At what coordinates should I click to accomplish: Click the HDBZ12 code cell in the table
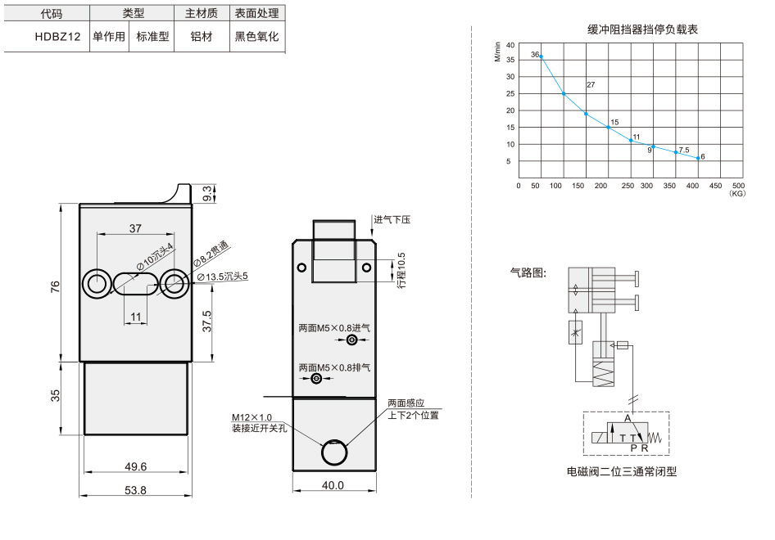pyautogui.click(x=57, y=37)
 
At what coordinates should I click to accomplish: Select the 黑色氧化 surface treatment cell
pyautogui.click(x=256, y=37)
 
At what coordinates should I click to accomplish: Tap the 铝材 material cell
pyautogui.click(x=202, y=37)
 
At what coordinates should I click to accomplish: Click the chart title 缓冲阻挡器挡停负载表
pyautogui.click(x=642, y=29)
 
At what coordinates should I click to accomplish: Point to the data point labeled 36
pyautogui.click(x=542, y=56)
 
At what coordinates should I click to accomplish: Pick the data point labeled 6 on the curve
pyautogui.click(x=698, y=158)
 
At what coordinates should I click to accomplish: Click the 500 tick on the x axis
pyautogui.click(x=738, y=186)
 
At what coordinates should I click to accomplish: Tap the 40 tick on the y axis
pyautogui.click(x=510, y=45)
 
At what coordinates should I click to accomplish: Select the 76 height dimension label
pyautogui.click(x=55, y=286)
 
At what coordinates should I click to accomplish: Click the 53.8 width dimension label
pyautogui.click(x=135, y=490)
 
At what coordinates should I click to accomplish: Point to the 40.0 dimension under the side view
pyautogui.click(x=333, y=485)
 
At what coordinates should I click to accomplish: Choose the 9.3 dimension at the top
pyautogui.click(x=207, y=193)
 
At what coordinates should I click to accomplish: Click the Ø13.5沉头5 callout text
pyautogui.click(x=222, y=277)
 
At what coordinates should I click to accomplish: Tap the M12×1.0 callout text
pyautogui.click(x=252, y=417)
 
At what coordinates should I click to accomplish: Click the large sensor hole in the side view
pyautogui.click(x=334, y=452)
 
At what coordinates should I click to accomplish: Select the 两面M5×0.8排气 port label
pyautogui.click(x=334, y=367)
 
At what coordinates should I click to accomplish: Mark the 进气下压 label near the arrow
pyautogui.click(x=392, y=219)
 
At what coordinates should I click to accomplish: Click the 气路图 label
pyautogui.click(x=528, y=272)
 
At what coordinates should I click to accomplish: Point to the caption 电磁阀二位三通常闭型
pyautogui.click(x=621, y=471)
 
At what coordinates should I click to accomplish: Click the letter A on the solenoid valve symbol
pyautogui.click(x=628, y=418)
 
